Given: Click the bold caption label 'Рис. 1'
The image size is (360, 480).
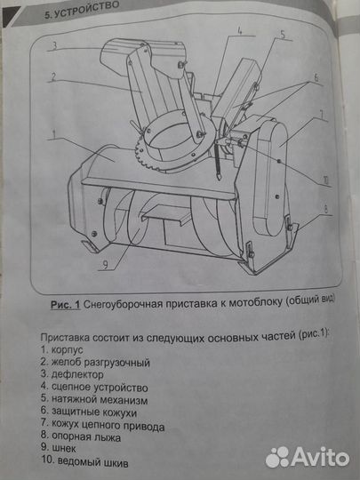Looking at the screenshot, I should pos(63,305).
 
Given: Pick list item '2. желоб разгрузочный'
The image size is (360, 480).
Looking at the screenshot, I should pos(95,363).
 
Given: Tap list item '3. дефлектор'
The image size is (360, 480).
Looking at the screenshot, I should pos(76,376).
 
